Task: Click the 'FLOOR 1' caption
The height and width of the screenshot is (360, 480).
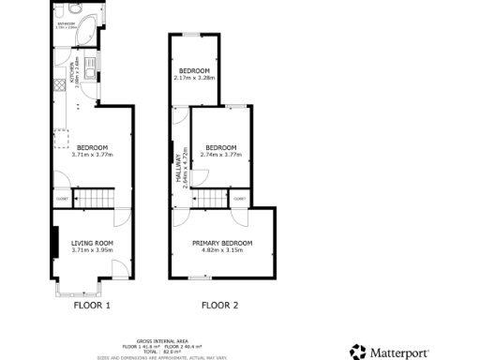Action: coord(92,306)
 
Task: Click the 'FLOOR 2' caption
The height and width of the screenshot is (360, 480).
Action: coord(219,306)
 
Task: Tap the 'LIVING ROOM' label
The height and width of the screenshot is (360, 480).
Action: coord(92,243)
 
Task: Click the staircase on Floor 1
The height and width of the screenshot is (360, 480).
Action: coord(93,199)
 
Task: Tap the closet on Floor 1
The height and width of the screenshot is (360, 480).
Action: coord(62,199)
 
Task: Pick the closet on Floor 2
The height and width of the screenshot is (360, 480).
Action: coord(239,199)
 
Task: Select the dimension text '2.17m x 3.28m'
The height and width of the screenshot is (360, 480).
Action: coord(195,78)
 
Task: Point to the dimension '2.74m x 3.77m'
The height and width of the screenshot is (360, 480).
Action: coord(221,154)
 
